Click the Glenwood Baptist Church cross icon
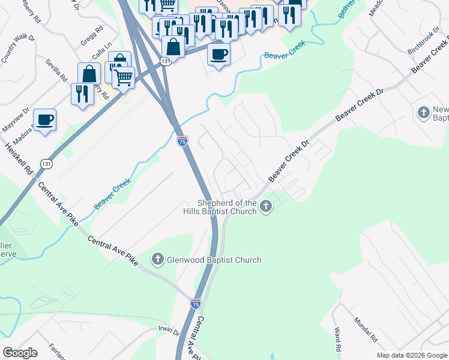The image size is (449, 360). (157, 260)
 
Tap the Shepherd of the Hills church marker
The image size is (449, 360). (266, 208)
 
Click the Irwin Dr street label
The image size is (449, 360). (169, 329)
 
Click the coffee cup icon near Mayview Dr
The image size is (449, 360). (45, 119)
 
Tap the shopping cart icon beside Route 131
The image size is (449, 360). (124, 77)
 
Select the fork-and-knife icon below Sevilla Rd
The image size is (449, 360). (82, 94)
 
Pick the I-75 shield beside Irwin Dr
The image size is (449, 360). (195, 304)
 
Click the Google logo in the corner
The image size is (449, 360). (20, 352)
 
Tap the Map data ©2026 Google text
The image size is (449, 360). (412, 355)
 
